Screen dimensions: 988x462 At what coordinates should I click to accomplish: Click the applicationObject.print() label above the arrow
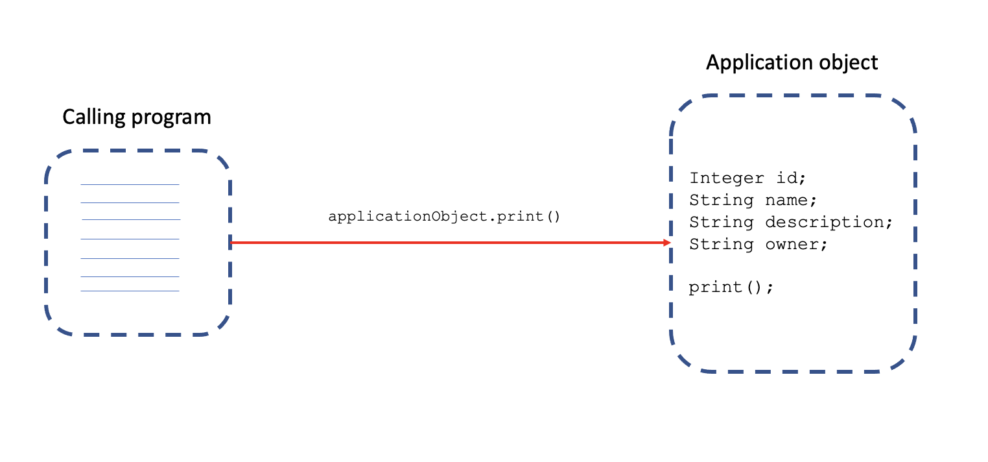(444, 217)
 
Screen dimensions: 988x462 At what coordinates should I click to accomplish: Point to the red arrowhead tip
(670, 242)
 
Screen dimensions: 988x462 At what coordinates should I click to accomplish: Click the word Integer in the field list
(727, 178)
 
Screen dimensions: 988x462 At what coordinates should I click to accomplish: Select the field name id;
(791, 178)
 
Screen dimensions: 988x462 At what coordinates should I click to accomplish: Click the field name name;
(791, 201)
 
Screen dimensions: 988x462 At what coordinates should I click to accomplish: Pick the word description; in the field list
(829, 223)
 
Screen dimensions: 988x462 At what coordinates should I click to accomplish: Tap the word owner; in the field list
(796, 245)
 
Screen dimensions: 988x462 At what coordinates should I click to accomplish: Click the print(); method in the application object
(731, 287)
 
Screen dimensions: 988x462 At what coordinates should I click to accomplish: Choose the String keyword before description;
(721, 223)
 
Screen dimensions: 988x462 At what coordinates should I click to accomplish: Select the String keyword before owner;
(721, 245)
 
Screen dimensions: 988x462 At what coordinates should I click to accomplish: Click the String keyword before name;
(721, 201)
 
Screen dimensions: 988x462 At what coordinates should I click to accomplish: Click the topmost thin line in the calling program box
(130, 184)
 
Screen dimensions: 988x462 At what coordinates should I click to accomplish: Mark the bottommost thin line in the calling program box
(130, 291)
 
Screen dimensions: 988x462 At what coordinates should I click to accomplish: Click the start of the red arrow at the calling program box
(231, 242)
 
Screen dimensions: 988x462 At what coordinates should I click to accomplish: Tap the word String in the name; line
(721, 201)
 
